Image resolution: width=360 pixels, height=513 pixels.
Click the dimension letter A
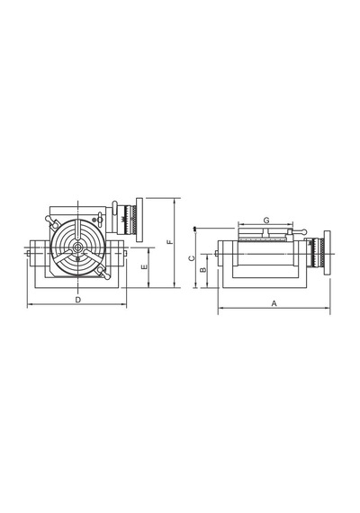pos(274,303)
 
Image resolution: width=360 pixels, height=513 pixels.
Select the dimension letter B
pos(202,270)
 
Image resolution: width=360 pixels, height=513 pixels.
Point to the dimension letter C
pos(192,258)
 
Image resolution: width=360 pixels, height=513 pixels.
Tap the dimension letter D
pos(78,300)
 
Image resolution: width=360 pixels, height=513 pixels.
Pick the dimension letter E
pos(144,267)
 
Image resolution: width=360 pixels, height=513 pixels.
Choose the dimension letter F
pos(170,242)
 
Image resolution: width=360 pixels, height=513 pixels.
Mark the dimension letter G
pos(266,220)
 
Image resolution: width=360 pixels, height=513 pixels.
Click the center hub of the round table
pos(78,247)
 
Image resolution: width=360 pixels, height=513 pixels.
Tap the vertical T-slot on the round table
pos(78,231)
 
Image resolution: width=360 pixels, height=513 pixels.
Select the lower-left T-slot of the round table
pos(64,256)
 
